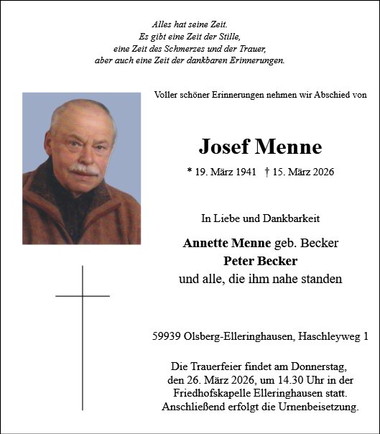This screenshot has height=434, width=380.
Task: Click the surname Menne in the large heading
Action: [x=287, y=147]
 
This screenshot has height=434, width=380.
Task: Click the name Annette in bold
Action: [x=205, y=243]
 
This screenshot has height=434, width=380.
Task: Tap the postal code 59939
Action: [x=167, y=336]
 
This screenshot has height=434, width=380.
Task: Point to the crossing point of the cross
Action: [x=83, y=295]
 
